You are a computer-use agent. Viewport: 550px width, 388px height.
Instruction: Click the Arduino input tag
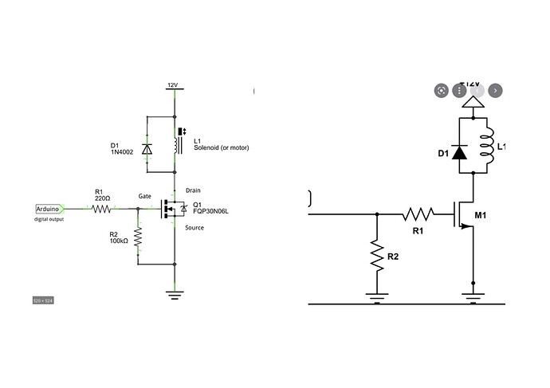pos(50,209)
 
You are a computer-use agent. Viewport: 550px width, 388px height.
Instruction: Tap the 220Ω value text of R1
pos(101,198)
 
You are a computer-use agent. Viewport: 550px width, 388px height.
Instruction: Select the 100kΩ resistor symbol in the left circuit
pos(139,237)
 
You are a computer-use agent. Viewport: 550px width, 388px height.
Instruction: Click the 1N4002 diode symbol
pos(146,148)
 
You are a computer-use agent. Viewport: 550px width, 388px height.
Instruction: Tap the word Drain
pos(193,190)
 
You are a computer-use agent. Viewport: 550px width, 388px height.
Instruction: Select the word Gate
pos(145,195)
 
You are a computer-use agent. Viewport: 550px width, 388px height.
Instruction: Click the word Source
pos(194,228)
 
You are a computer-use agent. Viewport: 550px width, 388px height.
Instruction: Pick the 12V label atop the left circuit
pos(172,84)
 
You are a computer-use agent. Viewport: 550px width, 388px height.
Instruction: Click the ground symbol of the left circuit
pos(174,294)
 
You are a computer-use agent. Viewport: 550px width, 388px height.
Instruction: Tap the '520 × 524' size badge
pos(42,300)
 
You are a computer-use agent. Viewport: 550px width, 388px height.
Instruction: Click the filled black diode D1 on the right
pos(458,151)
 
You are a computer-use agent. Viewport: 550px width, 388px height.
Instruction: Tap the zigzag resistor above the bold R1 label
pos(418,214)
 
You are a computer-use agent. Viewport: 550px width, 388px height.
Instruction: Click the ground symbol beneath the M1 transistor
pos(473,296)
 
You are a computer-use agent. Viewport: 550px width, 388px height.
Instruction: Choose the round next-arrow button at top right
pos(496,90)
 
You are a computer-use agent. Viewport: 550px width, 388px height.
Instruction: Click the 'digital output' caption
pos(49,219)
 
